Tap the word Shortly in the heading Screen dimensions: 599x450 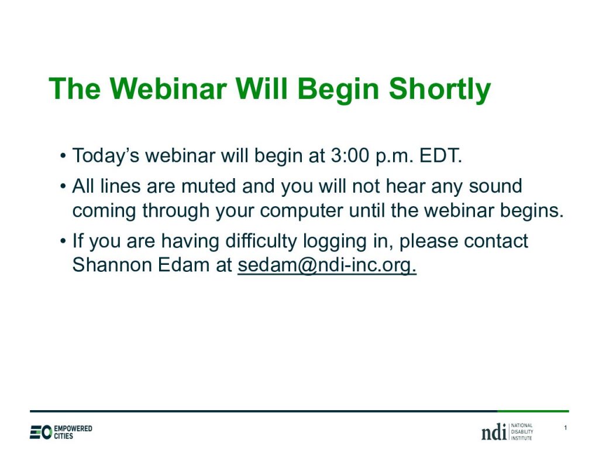coord(440,90)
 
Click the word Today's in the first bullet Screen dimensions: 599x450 coord(106,156)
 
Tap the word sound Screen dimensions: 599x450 coord(495,186)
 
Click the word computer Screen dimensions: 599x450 coord(301,211)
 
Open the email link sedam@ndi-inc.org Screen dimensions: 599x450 coord(327,265)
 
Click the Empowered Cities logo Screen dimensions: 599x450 coord(61,432)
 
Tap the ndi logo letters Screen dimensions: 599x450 coord(494,432)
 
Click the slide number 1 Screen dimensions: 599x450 coord(566,428)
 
